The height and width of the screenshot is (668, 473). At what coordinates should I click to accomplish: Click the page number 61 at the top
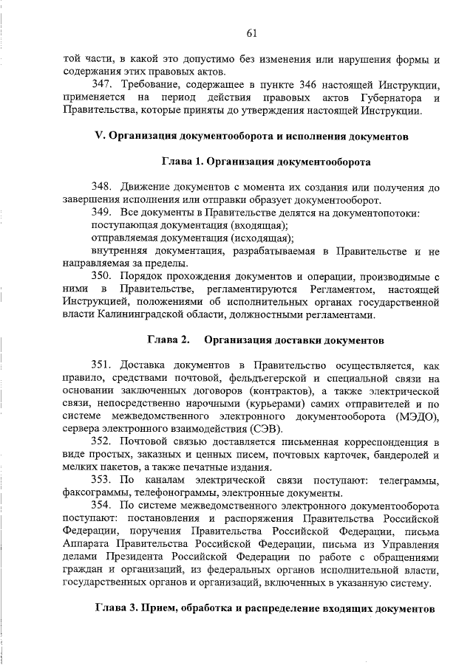pyautogui.click(x=251, y=32)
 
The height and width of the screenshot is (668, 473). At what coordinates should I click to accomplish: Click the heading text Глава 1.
pyautogui.click(x=181, y=160)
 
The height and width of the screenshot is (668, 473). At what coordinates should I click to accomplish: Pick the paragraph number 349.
pyautogui.click(x=101, y=213)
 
